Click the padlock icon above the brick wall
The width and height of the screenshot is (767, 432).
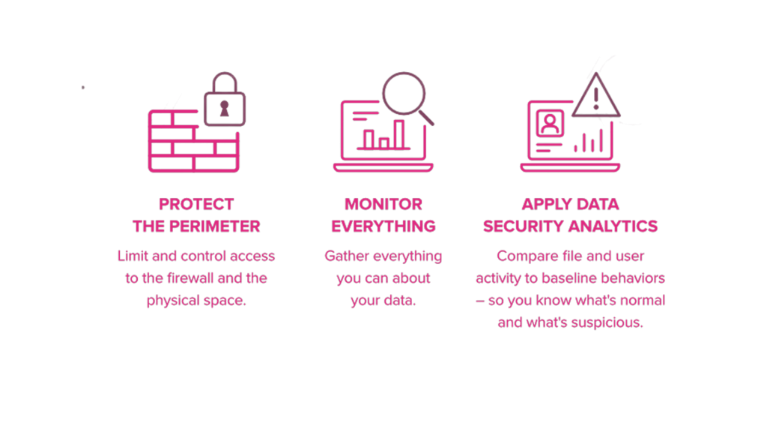click(x=223, y=103)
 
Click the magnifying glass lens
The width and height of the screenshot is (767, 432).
click(x=403, y=91)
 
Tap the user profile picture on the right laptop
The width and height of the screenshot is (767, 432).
click(x=550, y=124)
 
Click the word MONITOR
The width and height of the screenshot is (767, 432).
click(x=383, y=204)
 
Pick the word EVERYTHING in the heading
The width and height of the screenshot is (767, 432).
click(x=383, y=226)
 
